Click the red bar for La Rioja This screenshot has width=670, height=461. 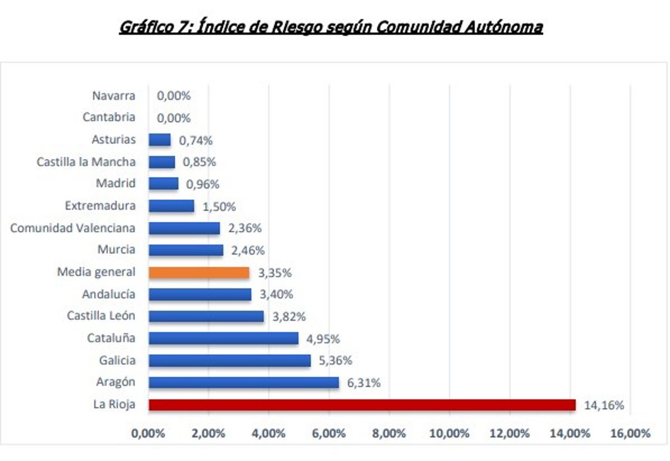click(x=361, y=405)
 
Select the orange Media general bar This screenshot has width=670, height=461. click(x=199, y=272)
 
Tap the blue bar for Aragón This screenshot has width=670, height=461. click(x=243, y=382)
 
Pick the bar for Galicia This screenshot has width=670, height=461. click(x=229, y=361)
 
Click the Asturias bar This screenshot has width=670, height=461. click(x=160, y=140)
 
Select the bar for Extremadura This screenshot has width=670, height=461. click(x=171, y=206)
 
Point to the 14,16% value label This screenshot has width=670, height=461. click(x=604, y=405)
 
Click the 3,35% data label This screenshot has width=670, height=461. click(x=275, y=273)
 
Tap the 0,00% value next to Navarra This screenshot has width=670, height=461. click(x=174, y=96)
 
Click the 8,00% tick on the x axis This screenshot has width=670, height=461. click(x=389, y=434)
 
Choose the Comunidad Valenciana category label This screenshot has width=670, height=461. click(x=73, y=228)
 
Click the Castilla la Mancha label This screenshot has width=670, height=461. click(x=86, y=162)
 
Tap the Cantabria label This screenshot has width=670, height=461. click(x=109, y=118)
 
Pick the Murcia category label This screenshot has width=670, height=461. click(x=116, y=250)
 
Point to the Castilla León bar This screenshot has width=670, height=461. click(x=206, y=316)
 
